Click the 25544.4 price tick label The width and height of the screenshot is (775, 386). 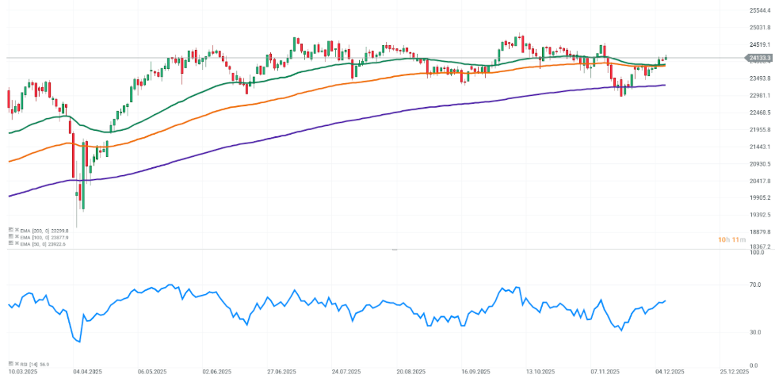coord(759,10)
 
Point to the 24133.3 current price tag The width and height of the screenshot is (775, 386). coord(759,58)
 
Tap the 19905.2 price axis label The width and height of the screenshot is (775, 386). coord(759,197)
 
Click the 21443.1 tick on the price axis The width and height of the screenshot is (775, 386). coord(759,147)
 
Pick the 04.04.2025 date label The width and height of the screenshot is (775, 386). coord(87,371)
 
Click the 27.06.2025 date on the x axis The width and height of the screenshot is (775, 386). coord(281,371)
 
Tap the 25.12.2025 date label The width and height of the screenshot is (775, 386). coord(735,371)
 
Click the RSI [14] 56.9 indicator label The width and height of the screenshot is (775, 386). coord(34,364)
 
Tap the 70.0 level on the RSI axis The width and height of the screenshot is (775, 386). coord(755,284)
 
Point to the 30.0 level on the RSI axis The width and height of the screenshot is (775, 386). coord(755,332)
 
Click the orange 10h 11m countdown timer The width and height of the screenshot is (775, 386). coord(730,239)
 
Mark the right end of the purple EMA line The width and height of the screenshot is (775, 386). coord(664,85)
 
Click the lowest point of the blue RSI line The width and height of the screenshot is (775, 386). coord(79,342)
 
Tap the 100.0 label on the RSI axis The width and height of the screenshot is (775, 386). coord(757,252)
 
